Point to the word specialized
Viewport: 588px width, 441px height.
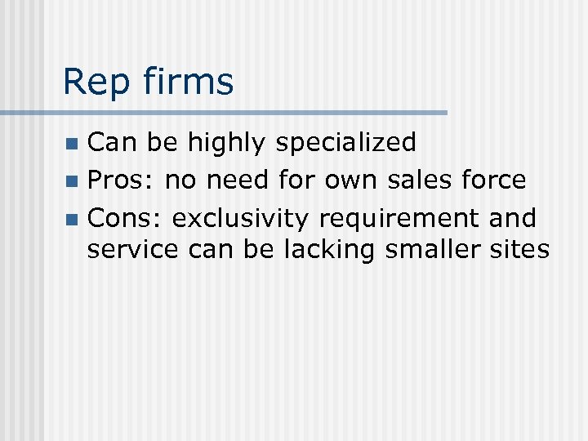tap(346, 143)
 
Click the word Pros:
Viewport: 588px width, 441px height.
tap(122, 180)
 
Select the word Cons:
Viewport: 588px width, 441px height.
tap(126, 218)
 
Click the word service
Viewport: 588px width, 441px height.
tap(132, 249)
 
